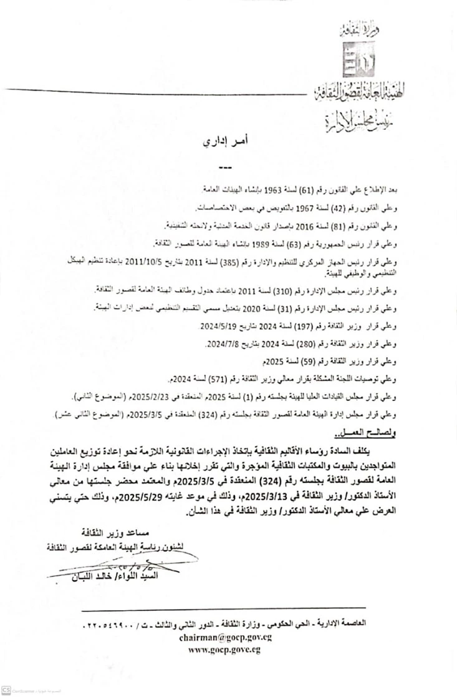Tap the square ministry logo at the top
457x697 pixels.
(355, 61)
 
